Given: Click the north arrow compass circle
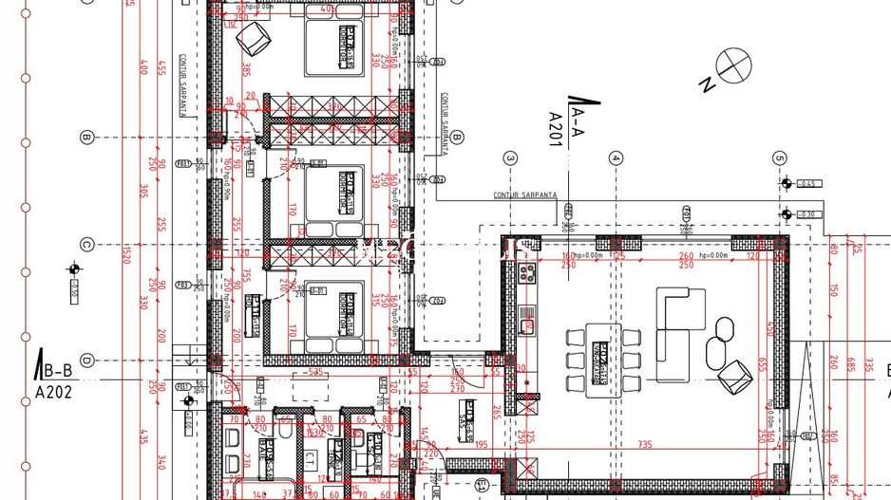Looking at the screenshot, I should pyautogui.click(x=733, y=65).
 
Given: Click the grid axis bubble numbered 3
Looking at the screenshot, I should pyautogui.click(x=510, y=158).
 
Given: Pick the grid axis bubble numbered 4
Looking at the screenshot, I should pyautogui.click(x=616, y=158).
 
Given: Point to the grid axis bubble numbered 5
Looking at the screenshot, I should pyautogui.click(x=780, y=158).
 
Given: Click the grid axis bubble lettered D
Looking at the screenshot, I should pyautogui.click(x=85, y=361).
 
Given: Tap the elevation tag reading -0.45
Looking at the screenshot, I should pyautogui.click(x=806, y=183).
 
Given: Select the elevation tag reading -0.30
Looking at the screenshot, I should pyautogui.click(x=806, y=214).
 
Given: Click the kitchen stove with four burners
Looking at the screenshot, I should pyautogui.click(x=527, y=276).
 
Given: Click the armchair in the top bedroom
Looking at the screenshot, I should pyautogui.click(x=253, y=40).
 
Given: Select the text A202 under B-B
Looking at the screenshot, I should pyautogui.click(x=55, y=390).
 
